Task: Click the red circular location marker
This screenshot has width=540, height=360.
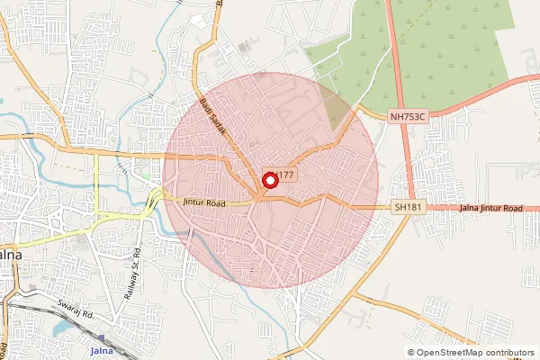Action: pos(267,179)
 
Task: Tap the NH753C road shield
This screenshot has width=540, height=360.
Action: pos(407,116)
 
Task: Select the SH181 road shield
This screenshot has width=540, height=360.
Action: pos(408,207)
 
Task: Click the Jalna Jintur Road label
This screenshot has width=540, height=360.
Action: pos(490,208)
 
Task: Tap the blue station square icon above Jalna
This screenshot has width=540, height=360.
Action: pos(102,339)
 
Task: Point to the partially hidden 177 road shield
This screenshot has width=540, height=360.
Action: pos(285,175)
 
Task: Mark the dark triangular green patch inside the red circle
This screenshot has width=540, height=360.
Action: pos(337,112)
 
